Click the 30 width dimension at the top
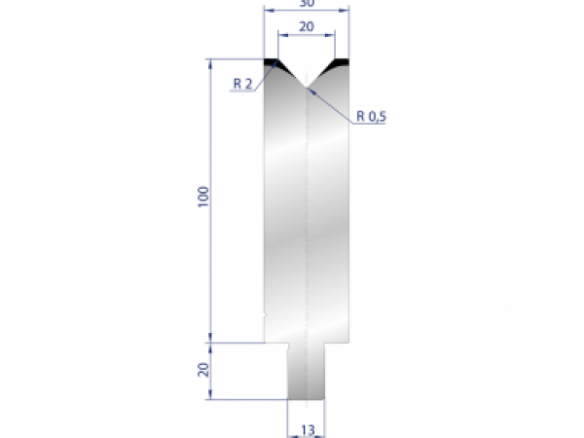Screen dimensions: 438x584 coord(307,3)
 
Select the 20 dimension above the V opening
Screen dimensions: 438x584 coord(306,26)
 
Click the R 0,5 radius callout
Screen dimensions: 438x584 coord(372,116)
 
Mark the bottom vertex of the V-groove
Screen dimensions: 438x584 coord(307,88)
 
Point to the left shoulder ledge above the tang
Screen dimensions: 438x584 coord(276,343)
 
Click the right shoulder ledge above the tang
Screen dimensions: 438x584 coord(336,343)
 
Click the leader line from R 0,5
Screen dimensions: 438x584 coord(331,103)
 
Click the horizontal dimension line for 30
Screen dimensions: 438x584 coord(307,11)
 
